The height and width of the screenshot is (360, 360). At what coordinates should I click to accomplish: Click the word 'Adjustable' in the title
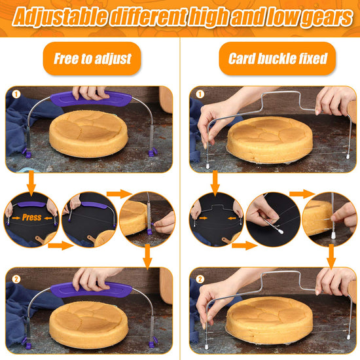click(x=60, y=16)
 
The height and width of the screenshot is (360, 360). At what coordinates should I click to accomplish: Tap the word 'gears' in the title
click(x=327, y=16)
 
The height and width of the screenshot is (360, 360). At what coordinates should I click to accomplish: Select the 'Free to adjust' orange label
click(x=92, y=58)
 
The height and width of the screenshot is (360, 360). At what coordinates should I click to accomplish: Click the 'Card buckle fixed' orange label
click(x=278, y=58)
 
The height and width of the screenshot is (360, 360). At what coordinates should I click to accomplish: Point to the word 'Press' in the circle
click(x=31, y=217)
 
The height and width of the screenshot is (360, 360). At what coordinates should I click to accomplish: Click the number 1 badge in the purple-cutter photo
click(x=16, y=94)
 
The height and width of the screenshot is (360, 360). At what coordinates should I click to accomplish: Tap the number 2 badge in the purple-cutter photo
click(x=16, y=279)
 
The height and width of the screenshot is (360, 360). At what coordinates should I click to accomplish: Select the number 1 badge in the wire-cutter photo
click(x=200, y=94)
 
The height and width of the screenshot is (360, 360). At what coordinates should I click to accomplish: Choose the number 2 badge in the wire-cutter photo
click(x=200, y=279)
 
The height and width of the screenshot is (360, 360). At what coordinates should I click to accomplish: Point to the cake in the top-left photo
click(x=88, y=133)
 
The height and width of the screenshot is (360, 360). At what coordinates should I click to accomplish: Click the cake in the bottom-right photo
click(x=269, y=319)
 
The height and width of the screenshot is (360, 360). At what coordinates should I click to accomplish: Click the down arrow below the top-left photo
click(x=31, y=183)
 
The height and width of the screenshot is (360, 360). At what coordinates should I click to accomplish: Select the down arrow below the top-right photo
click(x=215, y=183)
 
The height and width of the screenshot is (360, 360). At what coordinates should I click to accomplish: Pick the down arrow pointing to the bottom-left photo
click(x=147, y=257)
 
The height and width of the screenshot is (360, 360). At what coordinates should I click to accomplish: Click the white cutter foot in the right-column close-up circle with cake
click(x=333, y=235)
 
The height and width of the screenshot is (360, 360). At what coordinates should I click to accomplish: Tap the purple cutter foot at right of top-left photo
click(x=152, y=152)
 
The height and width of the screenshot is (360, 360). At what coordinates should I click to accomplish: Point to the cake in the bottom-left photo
click(x=88, y=324)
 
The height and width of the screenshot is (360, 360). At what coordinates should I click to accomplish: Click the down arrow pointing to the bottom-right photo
click(x=331, y=257)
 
